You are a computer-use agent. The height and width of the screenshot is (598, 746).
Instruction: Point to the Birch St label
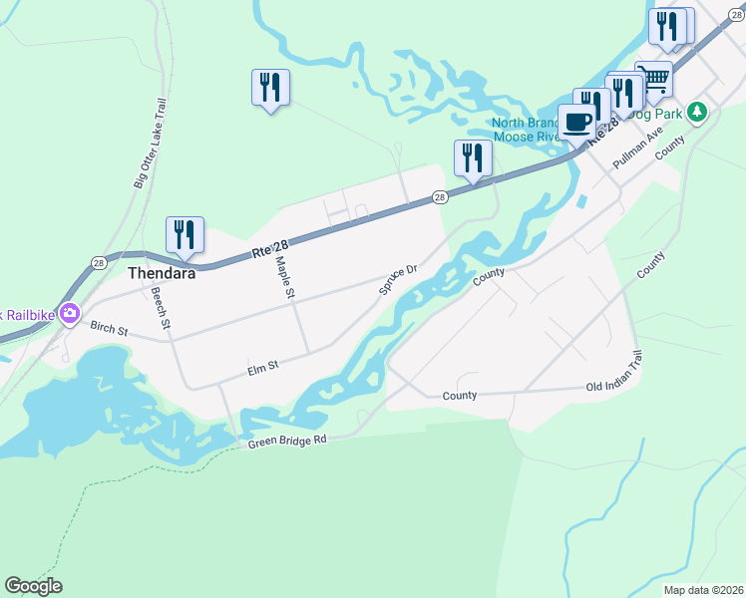(110, 328)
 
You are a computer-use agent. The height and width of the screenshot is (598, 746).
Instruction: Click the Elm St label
(262, 370)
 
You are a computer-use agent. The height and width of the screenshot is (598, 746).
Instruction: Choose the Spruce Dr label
(397, 280)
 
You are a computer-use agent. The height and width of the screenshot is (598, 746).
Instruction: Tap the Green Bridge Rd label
(287, 441)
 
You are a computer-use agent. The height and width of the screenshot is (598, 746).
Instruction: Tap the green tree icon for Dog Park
(699, 113)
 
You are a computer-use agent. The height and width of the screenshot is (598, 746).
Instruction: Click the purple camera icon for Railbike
(69, 314)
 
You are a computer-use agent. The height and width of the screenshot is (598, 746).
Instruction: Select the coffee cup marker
(577, 123)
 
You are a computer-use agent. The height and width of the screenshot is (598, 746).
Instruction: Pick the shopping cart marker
(653, 79)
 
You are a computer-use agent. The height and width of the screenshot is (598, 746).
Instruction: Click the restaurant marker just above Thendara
(185, 235)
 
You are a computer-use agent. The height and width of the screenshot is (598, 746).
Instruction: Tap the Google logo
(33, 586)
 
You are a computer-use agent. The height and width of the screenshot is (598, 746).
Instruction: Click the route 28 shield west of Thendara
(98, 263)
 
